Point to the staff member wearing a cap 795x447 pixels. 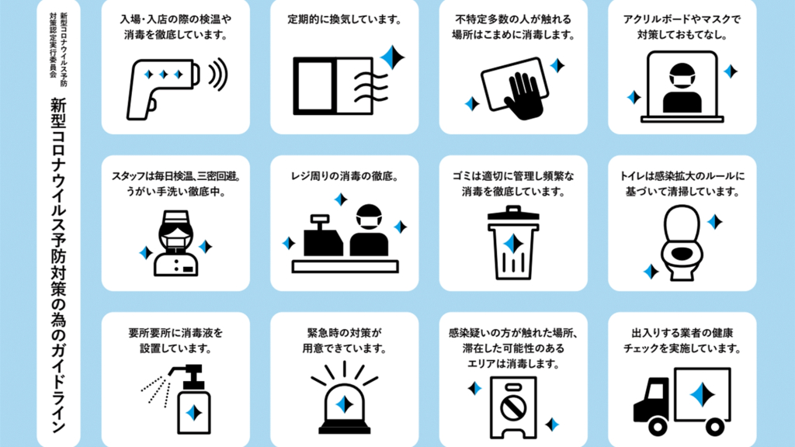tap(175, 243)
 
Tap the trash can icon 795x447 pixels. tap(513, 242)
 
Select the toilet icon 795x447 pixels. tap(682, 242)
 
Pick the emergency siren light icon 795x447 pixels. tap(345, 397)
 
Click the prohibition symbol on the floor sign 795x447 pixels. tap(513, 407)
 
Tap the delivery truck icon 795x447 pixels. tap(682, 401)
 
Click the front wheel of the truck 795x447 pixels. tap(658, 427)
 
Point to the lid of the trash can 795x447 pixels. tap(513, 213)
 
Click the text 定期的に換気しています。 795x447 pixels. tap(345, 19)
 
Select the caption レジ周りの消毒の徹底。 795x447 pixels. tap(345, 176)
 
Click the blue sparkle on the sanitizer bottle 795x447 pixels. tap(194, 413)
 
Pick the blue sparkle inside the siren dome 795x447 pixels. tap(345, 404)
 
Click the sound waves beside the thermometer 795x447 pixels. tap(219, 74)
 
